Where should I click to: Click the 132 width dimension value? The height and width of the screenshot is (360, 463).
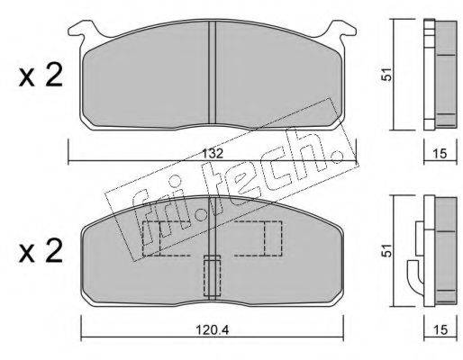213,154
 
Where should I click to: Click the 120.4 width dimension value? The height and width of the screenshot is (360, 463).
213,330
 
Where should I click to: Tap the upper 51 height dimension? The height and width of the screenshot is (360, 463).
387,74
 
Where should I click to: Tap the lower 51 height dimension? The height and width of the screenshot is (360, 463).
387,250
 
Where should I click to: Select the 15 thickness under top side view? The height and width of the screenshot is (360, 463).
440,154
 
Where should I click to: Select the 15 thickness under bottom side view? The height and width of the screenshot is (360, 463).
440,330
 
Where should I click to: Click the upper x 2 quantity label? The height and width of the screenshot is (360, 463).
41,76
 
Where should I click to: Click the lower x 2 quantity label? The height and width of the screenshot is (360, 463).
41,251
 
